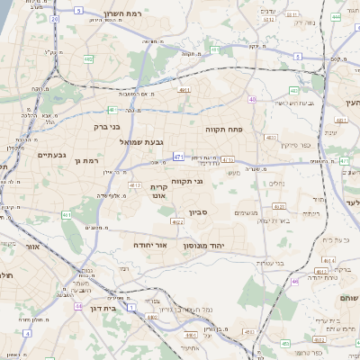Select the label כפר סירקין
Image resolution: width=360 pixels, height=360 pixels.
click(x=295, y=144)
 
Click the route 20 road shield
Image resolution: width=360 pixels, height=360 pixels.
click(x=55, y=19)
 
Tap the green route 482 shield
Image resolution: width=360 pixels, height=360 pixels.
click(x=89, y=59)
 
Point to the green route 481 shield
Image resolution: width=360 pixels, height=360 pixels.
click(x=67, y=215)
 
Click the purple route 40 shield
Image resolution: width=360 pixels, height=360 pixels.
click(x=253, y=100)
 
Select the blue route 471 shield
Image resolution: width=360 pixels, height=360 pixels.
click(x=178, y=157)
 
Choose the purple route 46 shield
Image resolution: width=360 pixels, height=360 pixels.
click(x=294, y=282)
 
